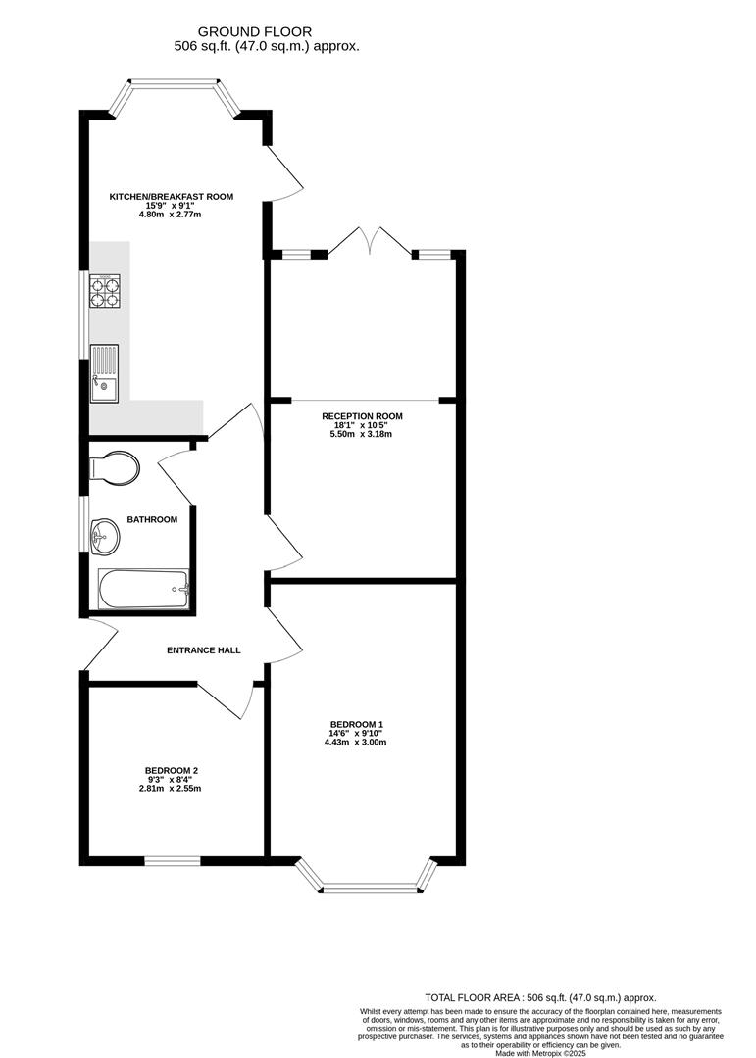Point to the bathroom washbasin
[x=104, y=536]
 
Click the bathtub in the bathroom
[x=144, y=590]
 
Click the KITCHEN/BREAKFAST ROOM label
[x=172, y=197]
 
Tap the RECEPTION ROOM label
[x=362, y=416]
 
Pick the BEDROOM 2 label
[x=172, y=770]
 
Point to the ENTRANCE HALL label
[x=203, y=650]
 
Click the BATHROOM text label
[x=152, y=519]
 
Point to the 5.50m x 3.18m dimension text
[x=362, y=434]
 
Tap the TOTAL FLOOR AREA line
[x=539, y=997]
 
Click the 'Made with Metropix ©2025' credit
[x=540, y=1053]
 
